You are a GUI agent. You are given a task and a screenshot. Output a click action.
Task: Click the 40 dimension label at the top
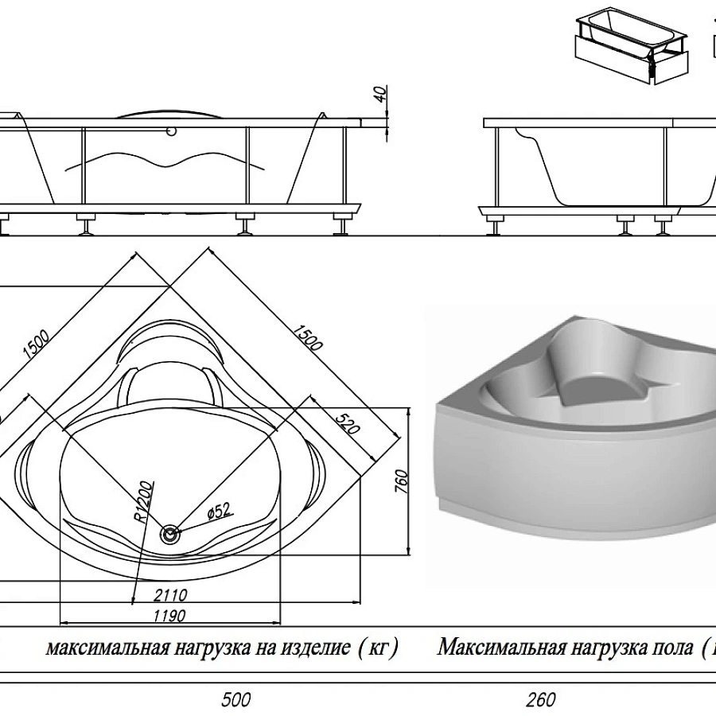pyautogui.click(x=381, y=93)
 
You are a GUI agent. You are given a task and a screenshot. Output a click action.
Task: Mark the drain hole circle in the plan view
pyautogui.click(x=169, y=535)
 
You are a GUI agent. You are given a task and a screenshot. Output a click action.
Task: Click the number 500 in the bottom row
pyautogui.click(x=235, y=700)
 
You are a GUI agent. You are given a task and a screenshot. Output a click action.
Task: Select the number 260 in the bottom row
pyautogui.click(x=540, y=700)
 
